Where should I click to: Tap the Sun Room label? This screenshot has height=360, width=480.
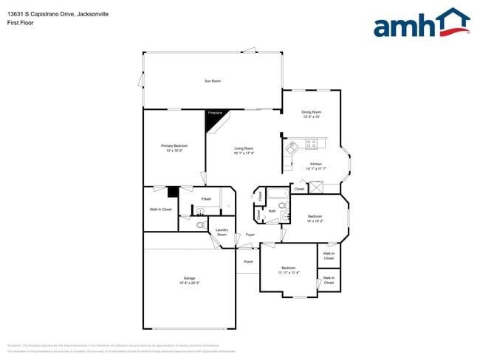point(213,80)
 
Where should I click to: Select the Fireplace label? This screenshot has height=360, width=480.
point(214,113)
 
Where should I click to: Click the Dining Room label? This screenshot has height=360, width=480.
point(310,114)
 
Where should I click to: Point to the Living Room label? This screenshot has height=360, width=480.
point(244,150)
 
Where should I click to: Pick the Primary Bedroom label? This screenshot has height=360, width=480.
point(171,148)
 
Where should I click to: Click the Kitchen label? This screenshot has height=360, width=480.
point(315,165)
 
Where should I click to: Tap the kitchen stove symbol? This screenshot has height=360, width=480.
point(312,143)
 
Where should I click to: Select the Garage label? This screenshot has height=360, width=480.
point(190,280)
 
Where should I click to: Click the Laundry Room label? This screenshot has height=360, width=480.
point(222,232)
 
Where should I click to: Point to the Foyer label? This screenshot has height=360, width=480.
point(250,235)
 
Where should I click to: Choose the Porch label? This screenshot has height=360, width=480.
point(248,261)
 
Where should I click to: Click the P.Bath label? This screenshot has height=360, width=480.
point(206,199)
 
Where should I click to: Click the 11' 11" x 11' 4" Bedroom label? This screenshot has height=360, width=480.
point(288,270)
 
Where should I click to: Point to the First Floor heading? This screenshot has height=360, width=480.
point(20,23)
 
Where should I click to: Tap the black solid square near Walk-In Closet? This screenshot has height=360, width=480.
point(173,192)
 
